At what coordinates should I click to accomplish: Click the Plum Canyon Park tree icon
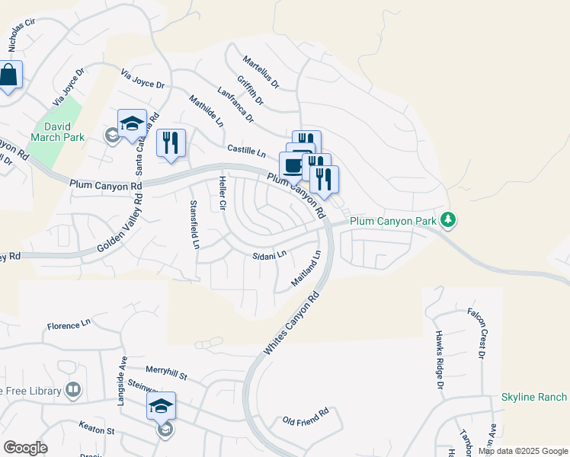click(x=449, y=220)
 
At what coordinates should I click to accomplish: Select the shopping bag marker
click(x=9, y=75)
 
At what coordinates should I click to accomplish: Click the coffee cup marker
click(x=291, y=165)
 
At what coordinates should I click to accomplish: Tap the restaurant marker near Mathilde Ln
click(x=171, y=142)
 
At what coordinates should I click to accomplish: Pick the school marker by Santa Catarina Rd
click(x=132, y=123)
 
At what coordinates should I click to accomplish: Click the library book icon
click(x=73, y=391)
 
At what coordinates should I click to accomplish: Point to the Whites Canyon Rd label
click(x=290, y=327)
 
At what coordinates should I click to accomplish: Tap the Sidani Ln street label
click(x=270, y=254)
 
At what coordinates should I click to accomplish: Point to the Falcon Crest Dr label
click(x=482, y=333)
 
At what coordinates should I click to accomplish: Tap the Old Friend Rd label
click(x=305, y=416)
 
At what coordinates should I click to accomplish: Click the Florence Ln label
click(x=69, y=325)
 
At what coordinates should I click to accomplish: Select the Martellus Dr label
click(x=261, y=71)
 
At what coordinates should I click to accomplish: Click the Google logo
click(x=25, y=448)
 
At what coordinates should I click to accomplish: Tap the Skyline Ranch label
click(x=533, y=397)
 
